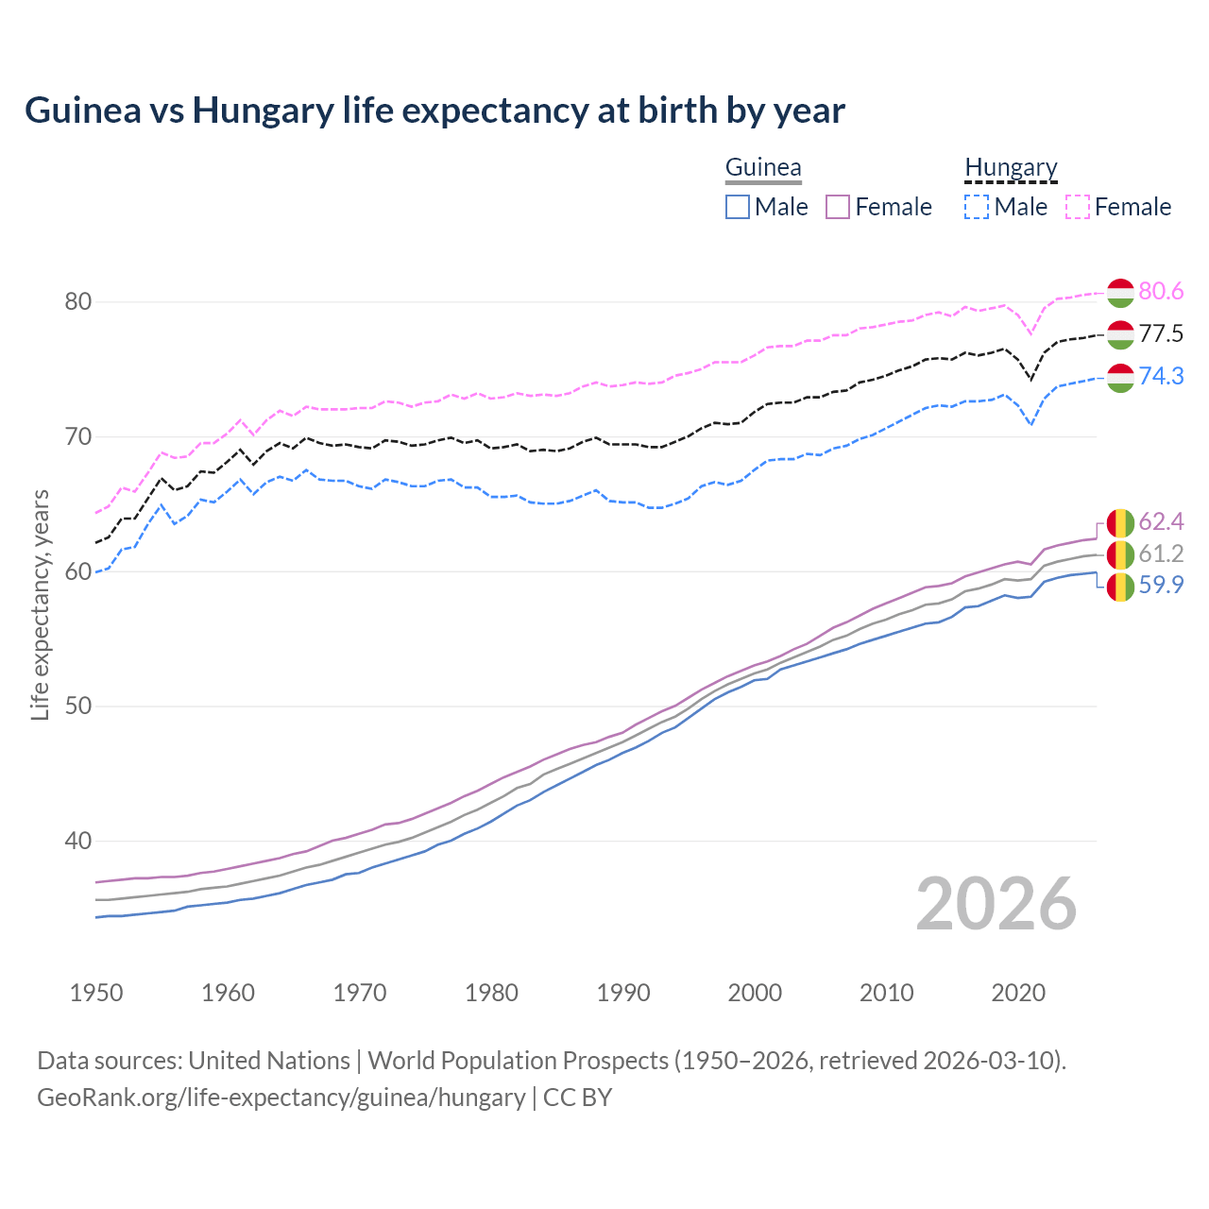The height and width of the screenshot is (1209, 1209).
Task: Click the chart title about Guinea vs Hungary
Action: [434, 111]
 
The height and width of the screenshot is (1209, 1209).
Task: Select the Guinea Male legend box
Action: [738, 207]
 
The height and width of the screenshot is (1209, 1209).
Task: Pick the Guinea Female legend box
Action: [839, 207]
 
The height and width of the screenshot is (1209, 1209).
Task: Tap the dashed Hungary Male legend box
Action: [977, 207]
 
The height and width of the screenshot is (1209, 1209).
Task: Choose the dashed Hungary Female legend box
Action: [1078, 207]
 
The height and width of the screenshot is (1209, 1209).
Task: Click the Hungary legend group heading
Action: [1011, 168]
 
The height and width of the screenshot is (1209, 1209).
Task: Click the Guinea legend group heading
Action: [763, 168]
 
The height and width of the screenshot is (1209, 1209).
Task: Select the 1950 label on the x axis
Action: [96, 993]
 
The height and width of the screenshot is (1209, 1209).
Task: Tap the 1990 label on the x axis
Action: [623, 993]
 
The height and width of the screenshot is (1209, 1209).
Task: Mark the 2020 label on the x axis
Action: [1018, 993]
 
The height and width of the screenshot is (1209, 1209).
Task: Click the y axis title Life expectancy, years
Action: [40, 604]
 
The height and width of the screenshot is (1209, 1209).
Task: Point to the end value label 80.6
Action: [1161, 292]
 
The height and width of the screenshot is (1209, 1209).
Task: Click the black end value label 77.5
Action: [1161, 334]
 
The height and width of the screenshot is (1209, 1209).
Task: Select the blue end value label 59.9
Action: [1161, 586]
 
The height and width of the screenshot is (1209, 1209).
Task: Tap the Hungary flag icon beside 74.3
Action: [1120, 377]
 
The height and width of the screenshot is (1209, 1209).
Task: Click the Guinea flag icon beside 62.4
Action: [1120, 522]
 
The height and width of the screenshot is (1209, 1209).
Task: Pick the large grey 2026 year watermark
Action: [996, 904]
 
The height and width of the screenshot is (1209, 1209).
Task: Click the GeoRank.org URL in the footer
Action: [281, 1098]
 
